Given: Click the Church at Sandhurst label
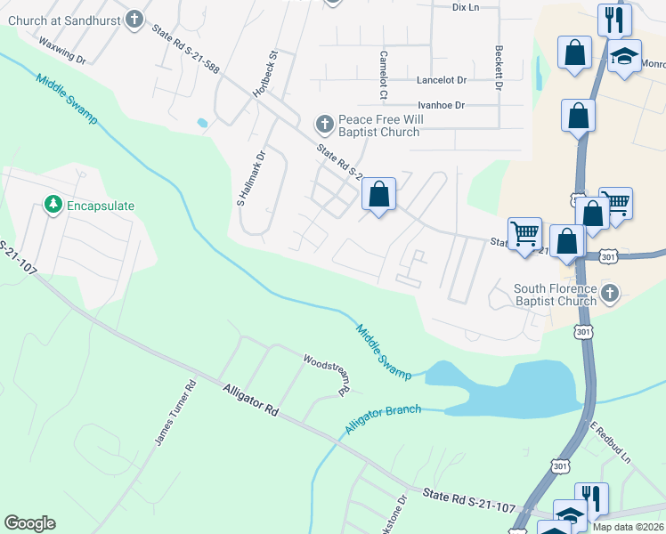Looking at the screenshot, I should point(61,19).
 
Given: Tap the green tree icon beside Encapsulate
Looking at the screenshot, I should point(53,206).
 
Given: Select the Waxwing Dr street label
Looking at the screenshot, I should point(61,51).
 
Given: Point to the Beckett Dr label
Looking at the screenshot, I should point(498,69).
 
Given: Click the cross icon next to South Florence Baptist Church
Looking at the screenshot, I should point(610,293).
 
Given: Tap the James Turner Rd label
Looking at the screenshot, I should point(175,414).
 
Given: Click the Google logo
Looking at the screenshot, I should point(29,523).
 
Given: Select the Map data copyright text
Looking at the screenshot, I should point(627,527).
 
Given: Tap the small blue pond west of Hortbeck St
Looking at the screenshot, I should point(203,123).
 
